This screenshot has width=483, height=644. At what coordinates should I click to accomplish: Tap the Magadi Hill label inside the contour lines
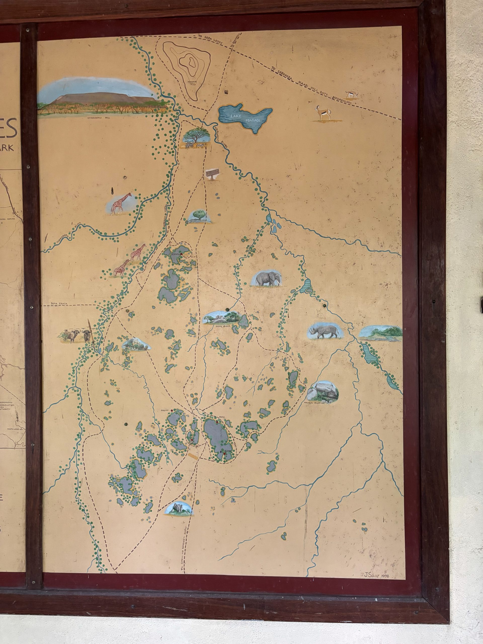(192, 83)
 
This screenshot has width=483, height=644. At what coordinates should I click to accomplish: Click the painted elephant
(267, 279)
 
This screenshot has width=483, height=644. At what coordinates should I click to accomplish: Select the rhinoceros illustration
(325, 331)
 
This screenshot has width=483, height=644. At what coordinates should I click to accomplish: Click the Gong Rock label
(223, 326)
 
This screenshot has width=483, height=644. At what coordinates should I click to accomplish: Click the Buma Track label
(59, 304)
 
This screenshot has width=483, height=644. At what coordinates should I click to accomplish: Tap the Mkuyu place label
(165, 411)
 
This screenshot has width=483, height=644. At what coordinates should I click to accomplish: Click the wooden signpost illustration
(212, 174)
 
